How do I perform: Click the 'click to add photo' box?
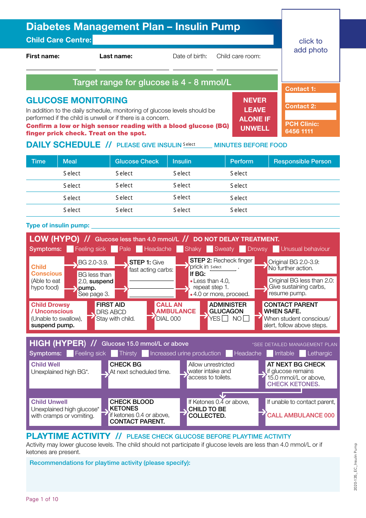click(311, 45)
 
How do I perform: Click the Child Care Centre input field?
click(183, 40)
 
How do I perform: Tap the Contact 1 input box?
click(311, 98)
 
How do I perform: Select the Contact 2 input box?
click(311, 115)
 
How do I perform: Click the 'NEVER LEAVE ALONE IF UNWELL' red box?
click(255, 114)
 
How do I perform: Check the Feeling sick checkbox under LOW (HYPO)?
click(70, 249)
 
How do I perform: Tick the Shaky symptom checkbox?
click(180, 249)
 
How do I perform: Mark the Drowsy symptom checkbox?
click(243, 249)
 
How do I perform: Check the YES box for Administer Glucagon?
click(225, 318)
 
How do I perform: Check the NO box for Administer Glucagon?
click(246, 318)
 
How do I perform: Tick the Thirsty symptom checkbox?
click(114, 353)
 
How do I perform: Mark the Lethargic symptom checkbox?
click(303, 353)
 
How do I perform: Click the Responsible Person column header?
click(302, 161)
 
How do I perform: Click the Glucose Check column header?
click(137, 161)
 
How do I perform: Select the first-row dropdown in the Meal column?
click(72, 173)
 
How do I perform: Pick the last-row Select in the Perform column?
click(239, 210)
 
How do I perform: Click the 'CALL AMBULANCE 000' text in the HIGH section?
click(301, 415)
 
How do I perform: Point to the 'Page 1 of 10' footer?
click(42, 499)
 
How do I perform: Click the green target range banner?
click(152, 82)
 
